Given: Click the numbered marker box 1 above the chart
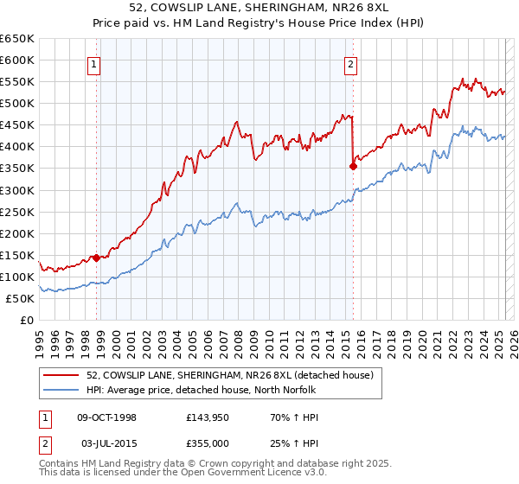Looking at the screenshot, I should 93,63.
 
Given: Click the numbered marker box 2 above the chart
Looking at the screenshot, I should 351,63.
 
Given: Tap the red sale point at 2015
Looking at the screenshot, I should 353,166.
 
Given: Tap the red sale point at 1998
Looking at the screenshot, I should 96,258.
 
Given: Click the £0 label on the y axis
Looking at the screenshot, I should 27,320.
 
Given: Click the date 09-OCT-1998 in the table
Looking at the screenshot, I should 107,417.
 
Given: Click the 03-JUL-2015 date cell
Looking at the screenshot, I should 106,443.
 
